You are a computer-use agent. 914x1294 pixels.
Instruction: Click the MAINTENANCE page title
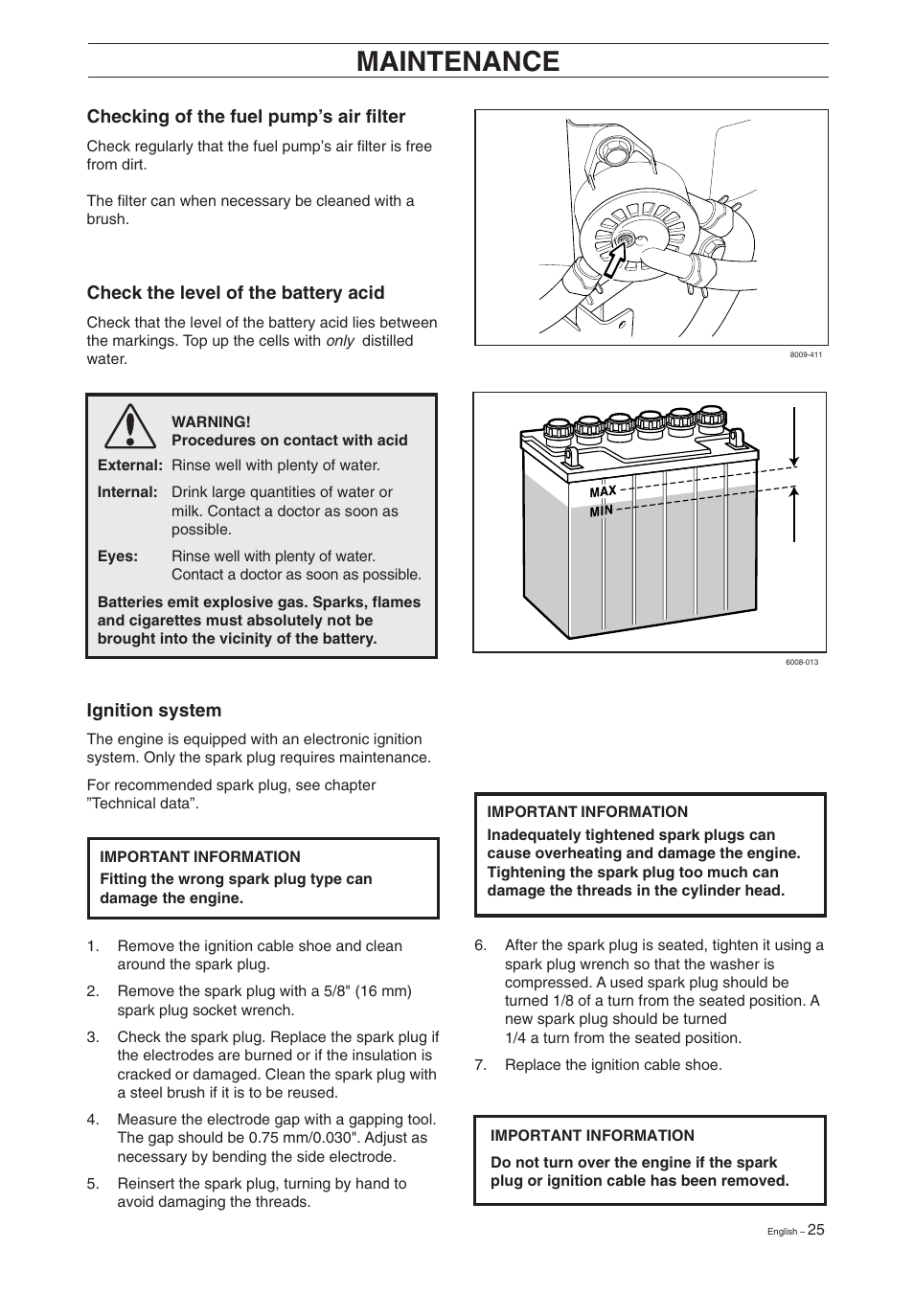pyautogui.click(x=457, y=61)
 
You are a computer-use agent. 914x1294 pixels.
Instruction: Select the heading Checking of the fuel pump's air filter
pyautogui.click(x=246, y=117)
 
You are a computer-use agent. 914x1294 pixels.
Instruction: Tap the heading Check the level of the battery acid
pyautogui.click(x=236, y=293)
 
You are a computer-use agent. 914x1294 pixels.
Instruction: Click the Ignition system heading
pyautogui.click(x=154, y=711)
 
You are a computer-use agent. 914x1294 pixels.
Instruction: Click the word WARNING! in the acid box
pyautogui.click(x=211, y=421)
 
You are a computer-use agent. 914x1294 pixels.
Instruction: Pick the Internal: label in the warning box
pyautogui.click(x=127, y=492)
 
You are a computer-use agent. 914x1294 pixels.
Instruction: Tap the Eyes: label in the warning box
pyautogui.click(x=118, y=556)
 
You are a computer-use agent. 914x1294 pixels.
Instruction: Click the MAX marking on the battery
pyautogui.click(x=603, y=491)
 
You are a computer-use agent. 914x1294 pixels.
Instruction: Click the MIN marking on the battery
pyautogui.click(x=601, y=511)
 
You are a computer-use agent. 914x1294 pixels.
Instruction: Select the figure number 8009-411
pyautogui.click(x=806, y=354)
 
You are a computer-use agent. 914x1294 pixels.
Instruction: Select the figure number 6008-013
pyautogui.click(x=802, y=662)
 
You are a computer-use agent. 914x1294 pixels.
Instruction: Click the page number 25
pyautogui.click(x=814, y=1230)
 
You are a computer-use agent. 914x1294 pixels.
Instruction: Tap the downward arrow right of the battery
pyautogui.click(x=794, y=437)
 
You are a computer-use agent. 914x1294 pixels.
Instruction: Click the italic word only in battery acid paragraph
pyautogui.click(x=340, y=341)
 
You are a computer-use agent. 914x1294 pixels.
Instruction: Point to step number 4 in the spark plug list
pyautogui.click(x=93, y=1120)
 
